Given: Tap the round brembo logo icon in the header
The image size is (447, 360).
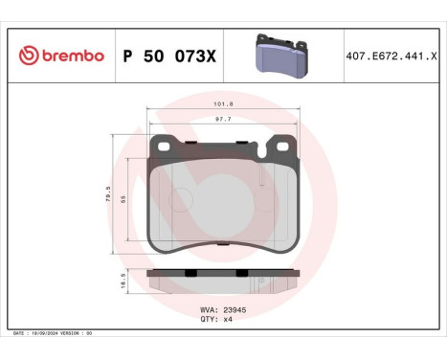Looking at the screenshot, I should [x=29, y=56].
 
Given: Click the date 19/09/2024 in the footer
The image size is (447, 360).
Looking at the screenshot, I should [x=50, y=332].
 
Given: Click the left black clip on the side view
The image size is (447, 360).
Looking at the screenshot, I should [x=190, y=275].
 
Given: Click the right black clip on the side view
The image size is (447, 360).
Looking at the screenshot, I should [x=258, y=275].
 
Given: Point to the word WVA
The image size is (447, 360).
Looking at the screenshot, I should [x=206, y=309].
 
